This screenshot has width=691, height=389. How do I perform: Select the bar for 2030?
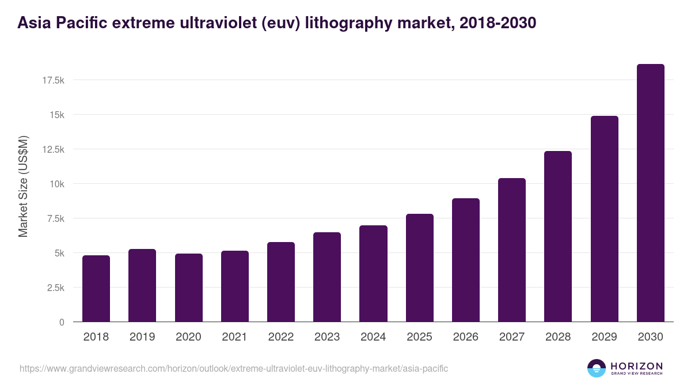click(x=650, y=193)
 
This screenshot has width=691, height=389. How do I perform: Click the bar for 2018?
click(x=96, y=289)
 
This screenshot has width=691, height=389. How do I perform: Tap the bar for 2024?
click(x=373, y=274)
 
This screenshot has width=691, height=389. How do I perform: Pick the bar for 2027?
click(x=512, y=250)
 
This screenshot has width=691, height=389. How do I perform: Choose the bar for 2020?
click(x=188, y=288)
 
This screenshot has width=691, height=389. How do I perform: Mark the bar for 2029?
click(x=604, y=219)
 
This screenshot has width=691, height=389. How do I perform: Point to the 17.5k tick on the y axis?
click(x=53, y=80)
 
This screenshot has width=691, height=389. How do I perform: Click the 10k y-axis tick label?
click(x=56, y=184)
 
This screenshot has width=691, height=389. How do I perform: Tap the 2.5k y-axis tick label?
click(x=55, y=288)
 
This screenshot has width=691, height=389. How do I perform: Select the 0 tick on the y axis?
click(x=62, y=322)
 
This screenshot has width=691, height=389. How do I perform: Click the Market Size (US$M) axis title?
click(x=23, y=186)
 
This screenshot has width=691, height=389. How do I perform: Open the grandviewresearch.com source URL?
click(x=234, y=368)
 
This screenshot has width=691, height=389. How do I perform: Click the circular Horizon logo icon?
click(x=597, y=368)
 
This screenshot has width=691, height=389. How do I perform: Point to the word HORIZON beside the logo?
click(x=636, y=366)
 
